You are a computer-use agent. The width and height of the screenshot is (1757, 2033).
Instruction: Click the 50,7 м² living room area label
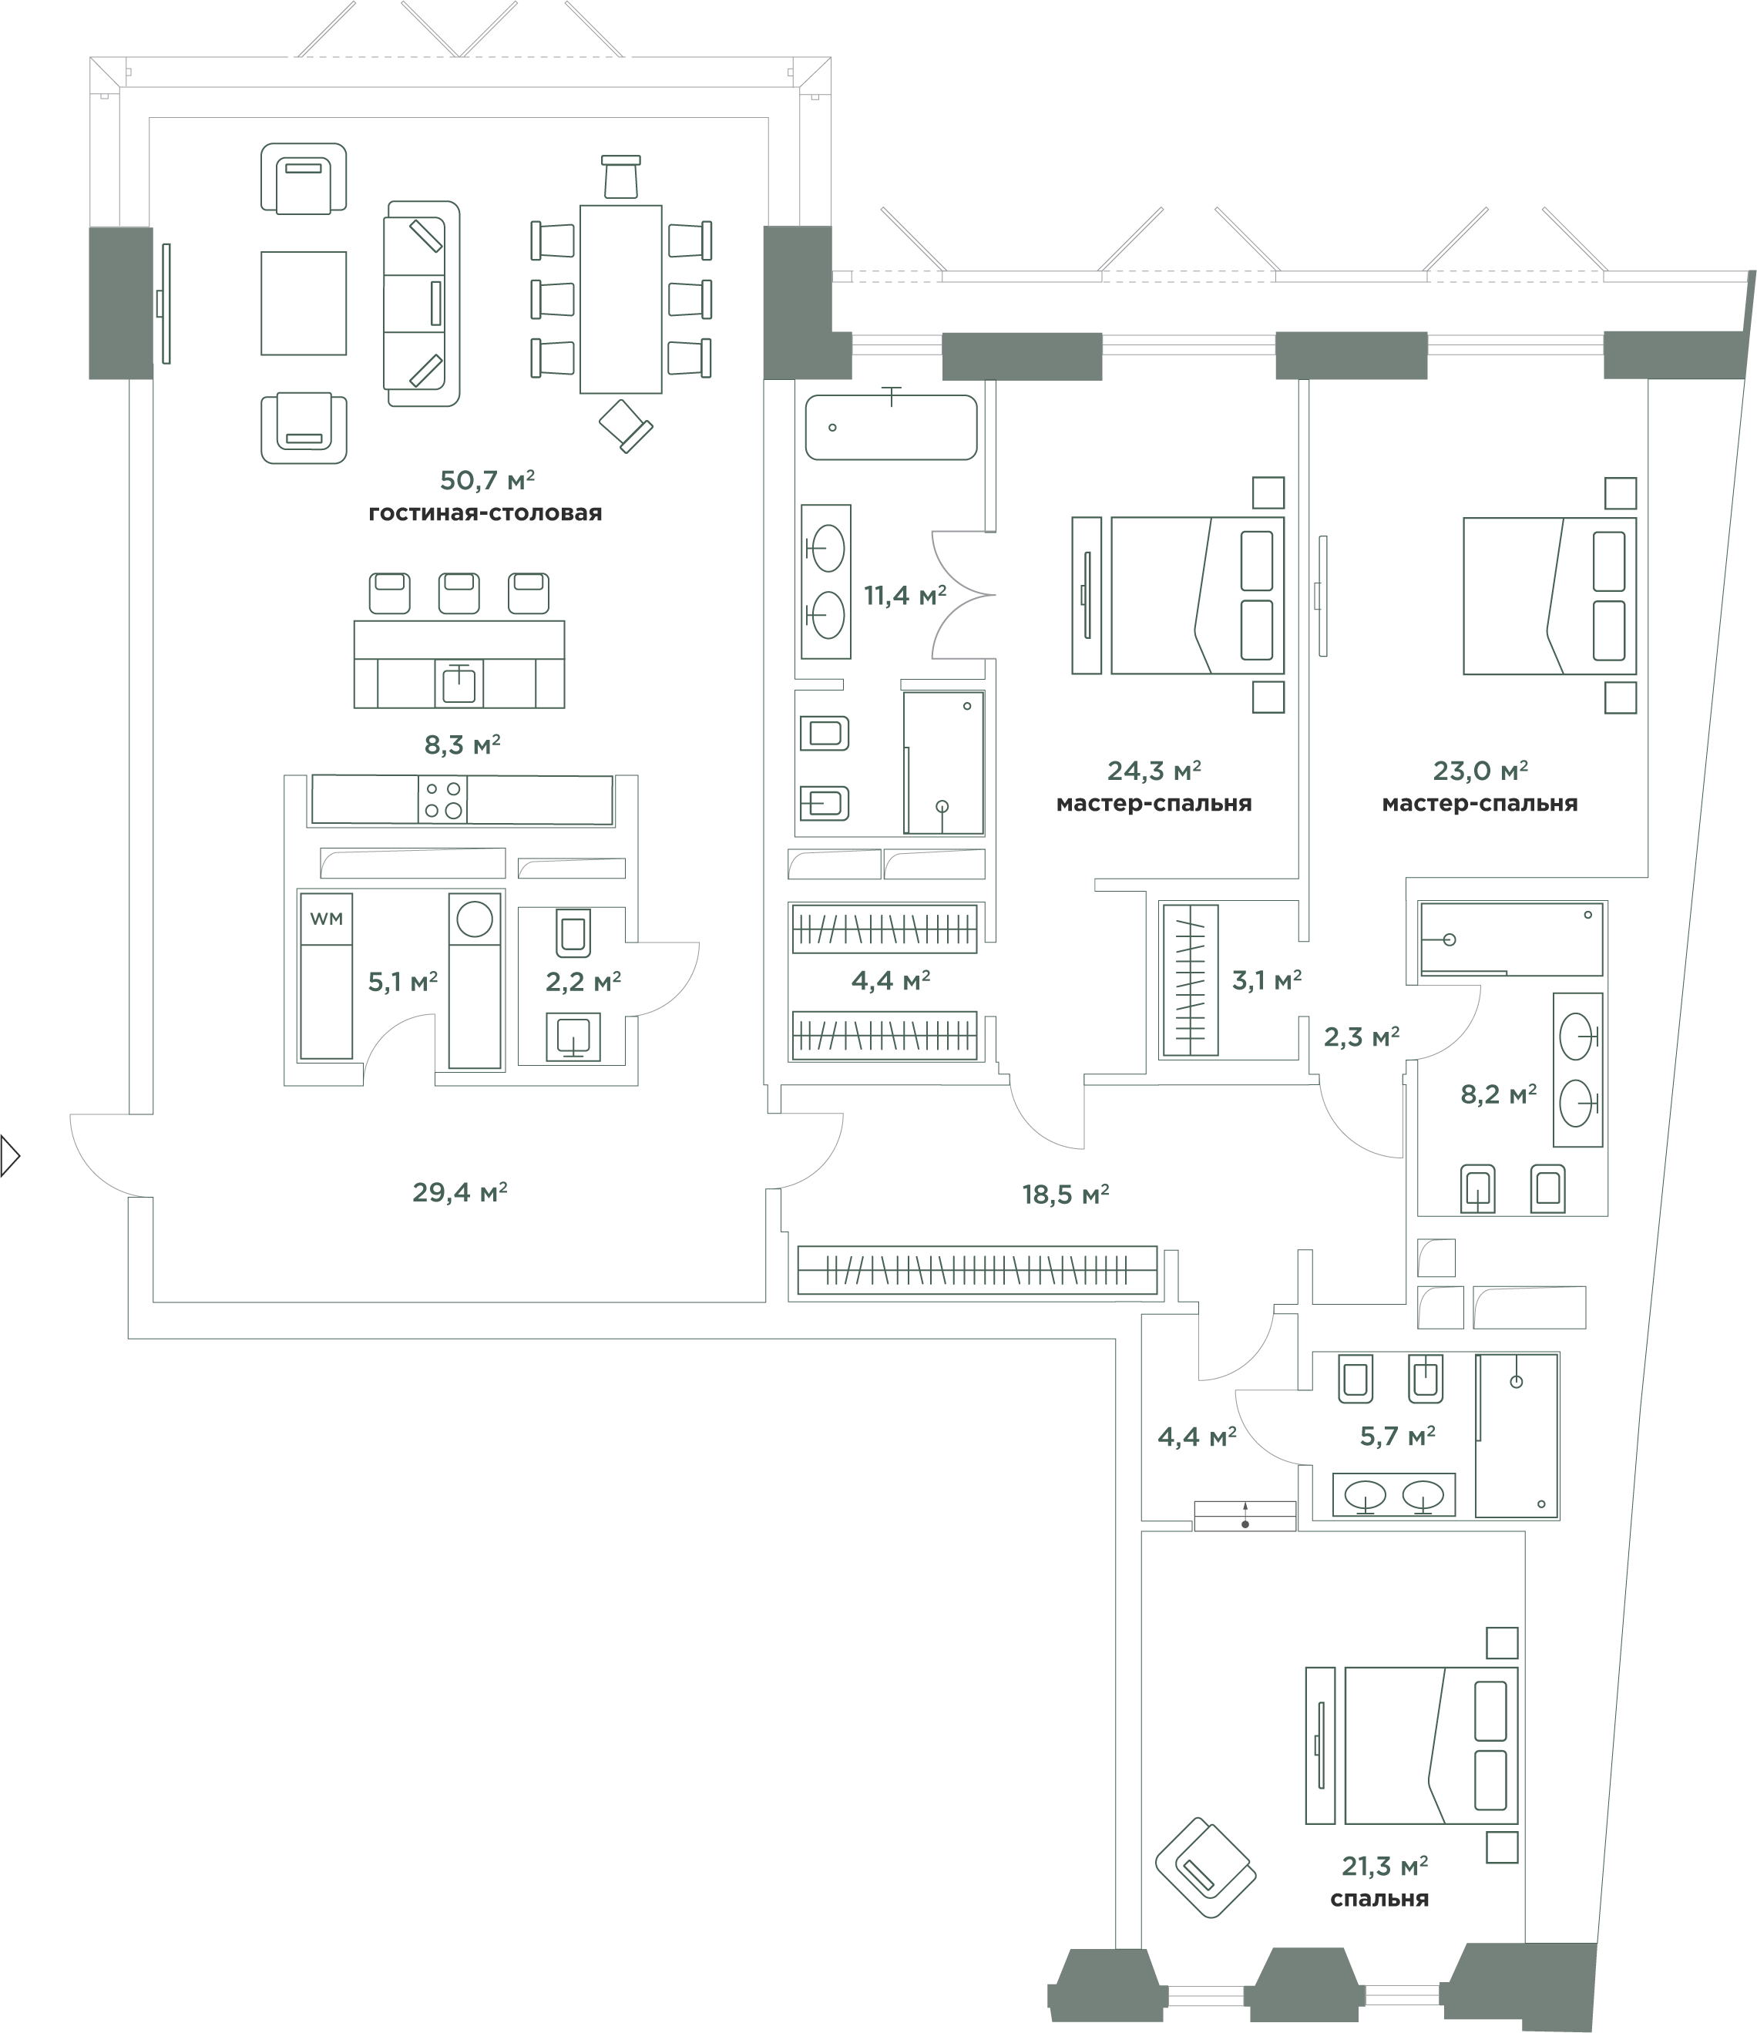tap(486, 480)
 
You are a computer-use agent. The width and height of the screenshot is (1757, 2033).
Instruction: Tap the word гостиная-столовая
tap(485, 513)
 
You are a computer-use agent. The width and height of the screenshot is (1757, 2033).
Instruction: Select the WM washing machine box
tap(326, 919)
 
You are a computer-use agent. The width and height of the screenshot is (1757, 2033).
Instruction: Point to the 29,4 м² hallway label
tap(459, 1192)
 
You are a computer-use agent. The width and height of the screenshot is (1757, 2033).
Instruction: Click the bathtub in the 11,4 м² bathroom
tap(891, 427)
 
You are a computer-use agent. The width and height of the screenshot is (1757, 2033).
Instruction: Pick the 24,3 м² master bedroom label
tap(1154, 770)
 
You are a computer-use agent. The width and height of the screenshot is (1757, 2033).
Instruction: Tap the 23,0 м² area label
tap(1480, 770)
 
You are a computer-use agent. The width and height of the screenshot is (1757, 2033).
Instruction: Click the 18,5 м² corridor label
tap(1066, 1194)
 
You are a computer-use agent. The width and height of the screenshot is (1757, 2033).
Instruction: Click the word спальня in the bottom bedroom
tap(1379, 1900)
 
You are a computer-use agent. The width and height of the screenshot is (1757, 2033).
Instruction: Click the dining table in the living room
tap(621, 299)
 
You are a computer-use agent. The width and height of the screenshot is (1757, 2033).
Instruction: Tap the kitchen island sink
tap(459, 683)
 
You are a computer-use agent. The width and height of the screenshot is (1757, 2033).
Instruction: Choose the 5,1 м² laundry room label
tap(402, 981)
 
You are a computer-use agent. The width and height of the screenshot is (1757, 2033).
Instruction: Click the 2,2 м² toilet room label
tap(583, 981)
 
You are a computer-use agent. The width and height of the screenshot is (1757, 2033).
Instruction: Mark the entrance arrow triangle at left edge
tap(11, 1156)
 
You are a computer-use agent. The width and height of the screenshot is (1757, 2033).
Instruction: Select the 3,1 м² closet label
tap(1266, 980)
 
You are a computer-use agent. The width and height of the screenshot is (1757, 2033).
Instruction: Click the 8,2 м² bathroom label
tap(1498, 1094)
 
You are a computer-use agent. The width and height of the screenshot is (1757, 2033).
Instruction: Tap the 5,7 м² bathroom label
tap(1397, 1437)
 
